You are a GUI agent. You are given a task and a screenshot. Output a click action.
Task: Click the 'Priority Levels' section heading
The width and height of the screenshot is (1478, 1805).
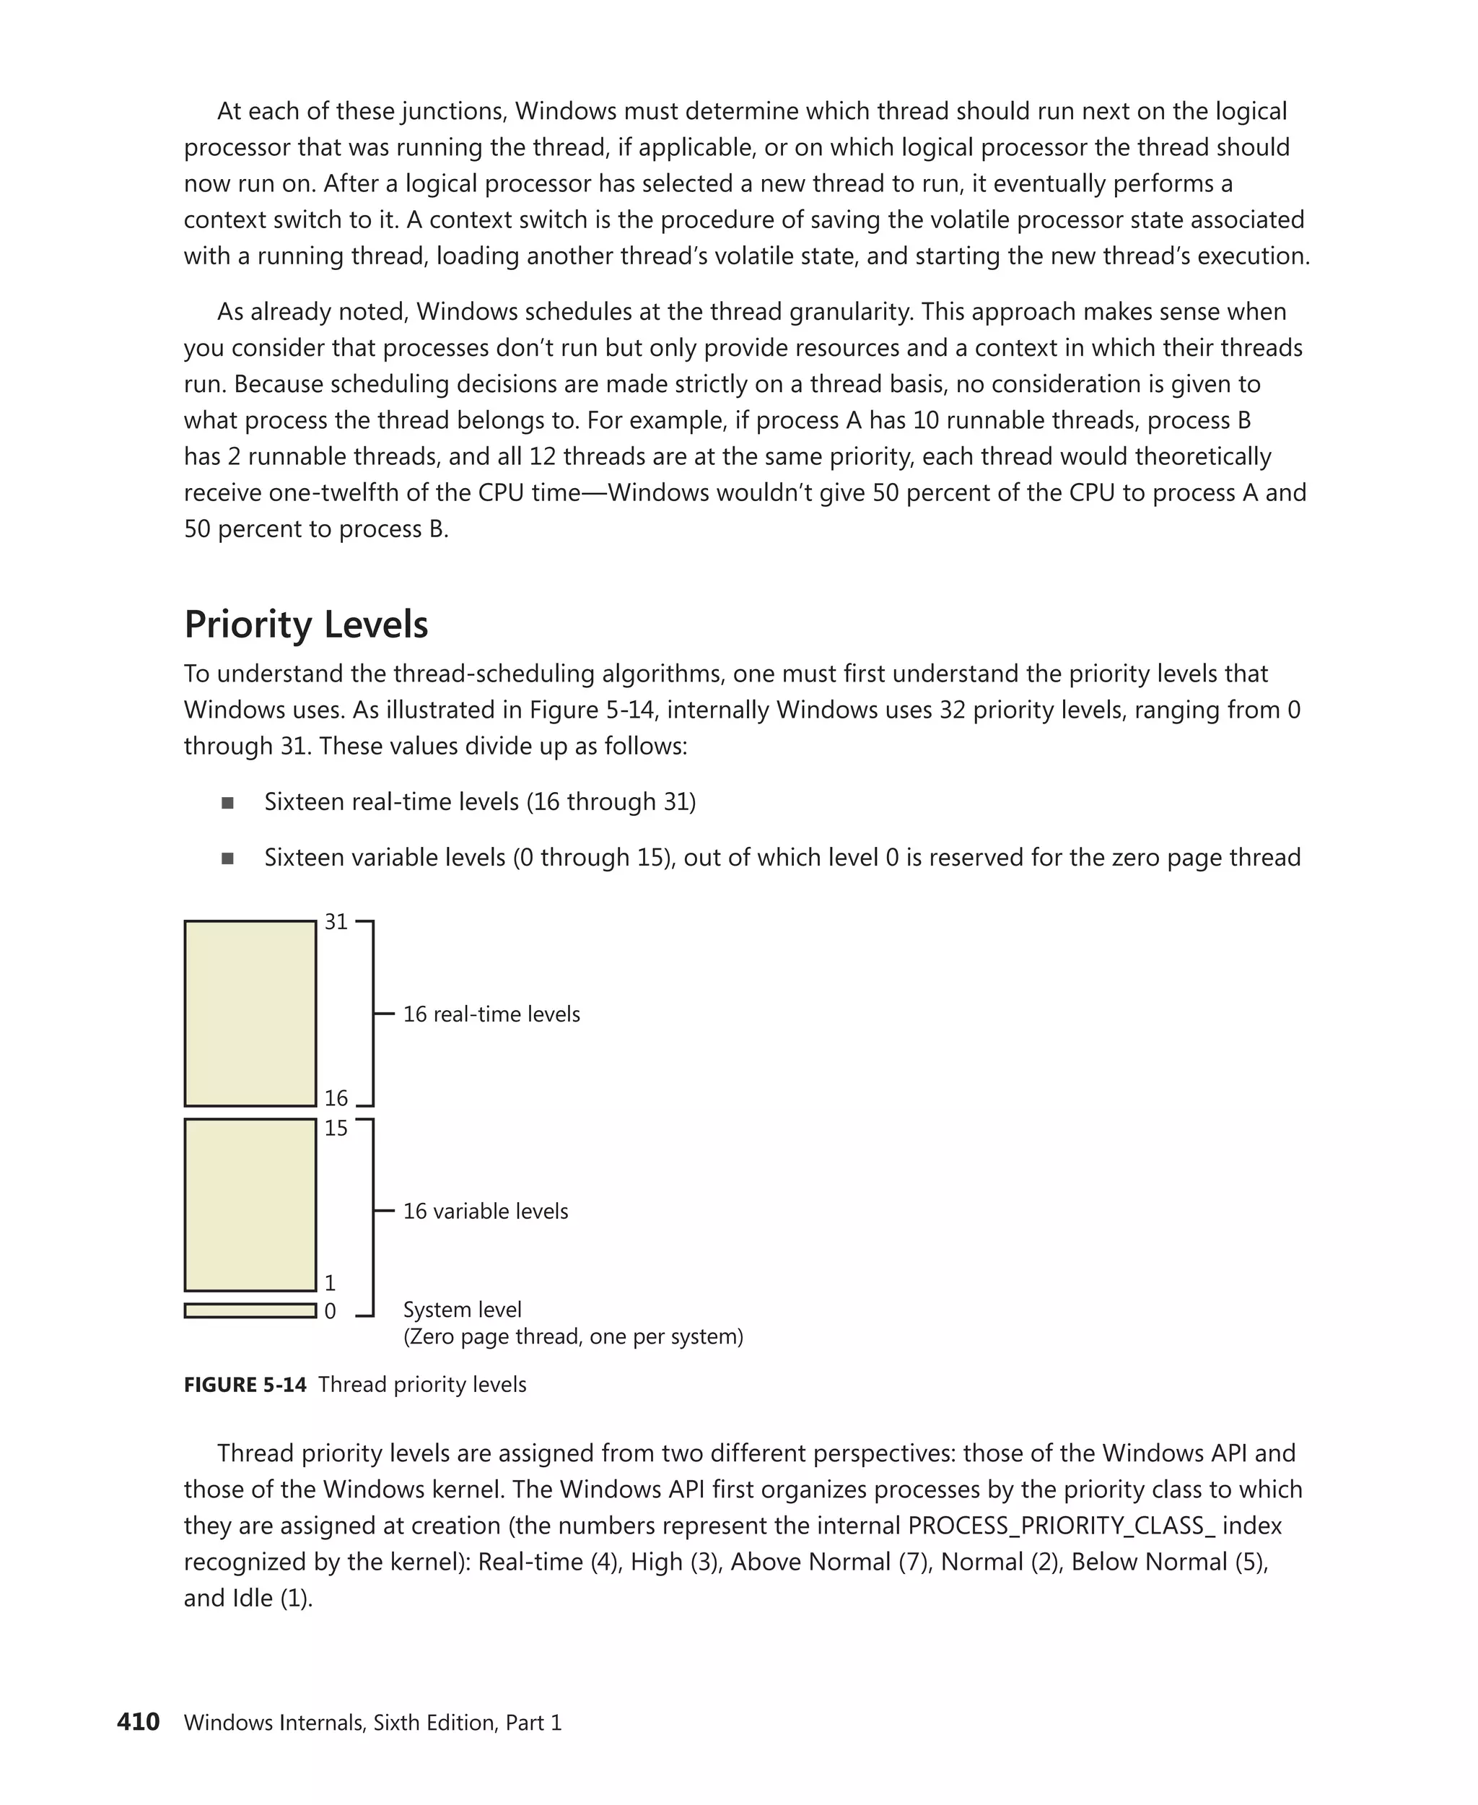pos(306,625)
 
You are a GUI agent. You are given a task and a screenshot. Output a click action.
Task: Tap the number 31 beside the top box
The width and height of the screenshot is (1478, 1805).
pos(336,922)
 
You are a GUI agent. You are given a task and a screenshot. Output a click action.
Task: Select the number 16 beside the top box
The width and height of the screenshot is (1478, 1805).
pos(336,1098)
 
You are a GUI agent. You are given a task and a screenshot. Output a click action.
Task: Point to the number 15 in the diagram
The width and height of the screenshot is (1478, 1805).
pos(336,1128)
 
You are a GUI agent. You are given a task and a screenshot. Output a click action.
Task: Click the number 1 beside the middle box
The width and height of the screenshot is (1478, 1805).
pos(331,1283)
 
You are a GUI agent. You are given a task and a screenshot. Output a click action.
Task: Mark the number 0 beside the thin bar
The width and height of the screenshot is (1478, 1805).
pos(331,1312)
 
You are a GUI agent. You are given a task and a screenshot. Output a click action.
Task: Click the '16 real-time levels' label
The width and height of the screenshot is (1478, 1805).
pos(491,1014)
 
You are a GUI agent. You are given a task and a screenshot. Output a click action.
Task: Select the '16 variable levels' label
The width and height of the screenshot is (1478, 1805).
pos(485,1212)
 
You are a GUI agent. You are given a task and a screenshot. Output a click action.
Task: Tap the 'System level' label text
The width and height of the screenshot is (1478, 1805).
pos(463,1310)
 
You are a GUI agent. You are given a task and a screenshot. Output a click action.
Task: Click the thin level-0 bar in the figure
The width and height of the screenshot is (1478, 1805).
pos(250,1311)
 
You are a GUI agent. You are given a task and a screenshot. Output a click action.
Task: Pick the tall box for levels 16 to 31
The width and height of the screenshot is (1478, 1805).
pos(250,1014)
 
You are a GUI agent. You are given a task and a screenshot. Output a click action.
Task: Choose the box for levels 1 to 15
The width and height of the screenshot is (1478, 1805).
pos(250,1205)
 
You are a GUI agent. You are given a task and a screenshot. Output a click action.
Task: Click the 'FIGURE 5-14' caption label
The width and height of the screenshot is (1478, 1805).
pos(245,1385)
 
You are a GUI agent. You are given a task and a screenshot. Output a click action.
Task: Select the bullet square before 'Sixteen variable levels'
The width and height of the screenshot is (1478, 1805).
pos(227,858)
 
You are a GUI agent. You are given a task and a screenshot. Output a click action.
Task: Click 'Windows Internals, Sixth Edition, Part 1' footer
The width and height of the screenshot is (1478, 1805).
pos(373,1723)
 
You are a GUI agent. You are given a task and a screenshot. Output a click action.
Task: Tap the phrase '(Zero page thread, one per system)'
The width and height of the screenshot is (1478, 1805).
pos(573,1336)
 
